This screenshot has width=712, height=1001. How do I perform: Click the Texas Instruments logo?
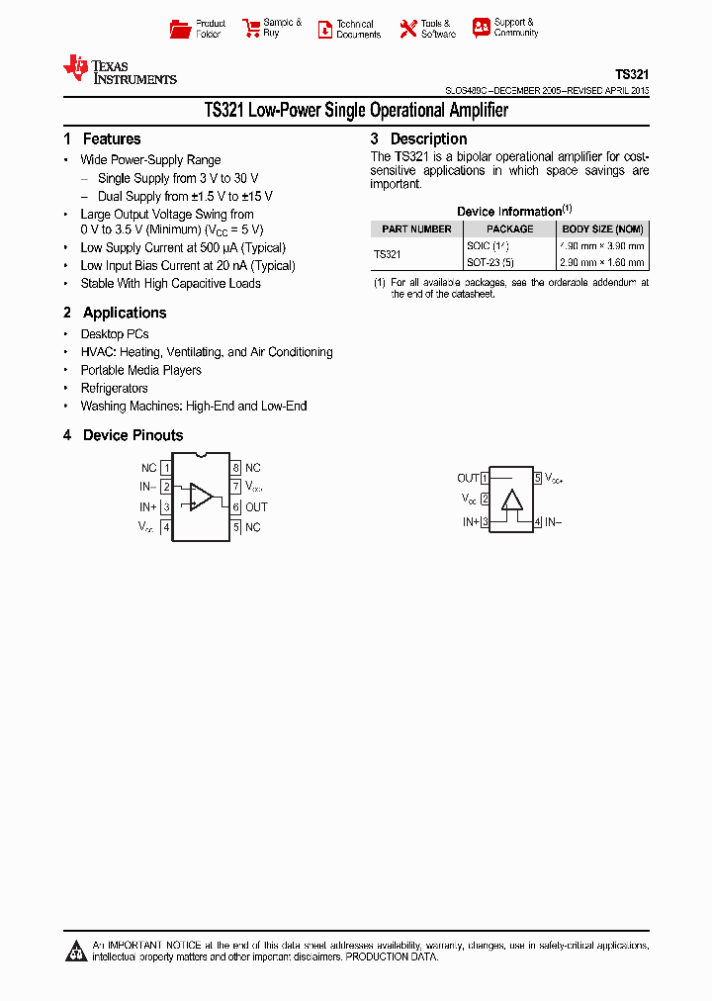click(119, 68)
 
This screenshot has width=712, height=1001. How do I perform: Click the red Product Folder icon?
click(180, 29)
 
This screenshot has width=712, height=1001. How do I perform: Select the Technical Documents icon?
click(324, 29)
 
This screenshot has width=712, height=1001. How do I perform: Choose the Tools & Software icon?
click(407, 29)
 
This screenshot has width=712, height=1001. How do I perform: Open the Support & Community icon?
click(481, 28)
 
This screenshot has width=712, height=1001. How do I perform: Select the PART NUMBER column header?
click(416, 228)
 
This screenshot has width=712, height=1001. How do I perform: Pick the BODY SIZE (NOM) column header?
click(602, 228)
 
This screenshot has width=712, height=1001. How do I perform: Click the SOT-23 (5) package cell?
click(490, 263)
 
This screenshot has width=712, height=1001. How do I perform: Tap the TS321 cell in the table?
click(388, 254)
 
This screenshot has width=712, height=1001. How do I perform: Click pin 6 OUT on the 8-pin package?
click(237, 507)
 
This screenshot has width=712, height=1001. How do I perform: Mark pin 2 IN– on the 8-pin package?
click(166, 487)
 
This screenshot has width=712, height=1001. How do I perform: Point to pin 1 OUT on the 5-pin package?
click(485, 479)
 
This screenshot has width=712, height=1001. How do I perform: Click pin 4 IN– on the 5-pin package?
click(538, 522)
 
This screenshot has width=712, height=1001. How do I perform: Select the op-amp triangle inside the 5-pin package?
click(511, 499)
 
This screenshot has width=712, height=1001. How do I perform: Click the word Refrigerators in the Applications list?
click(115, 388)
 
